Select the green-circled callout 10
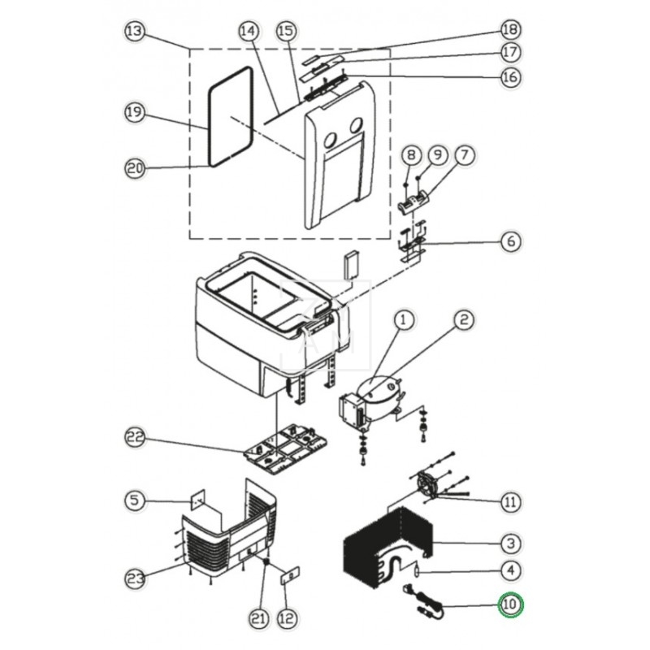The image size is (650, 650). coord(511,604)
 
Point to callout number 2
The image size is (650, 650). coord(463,321)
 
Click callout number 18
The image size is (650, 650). coord(510,31)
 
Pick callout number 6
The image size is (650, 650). coord(510,241)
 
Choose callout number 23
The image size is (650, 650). coord(134,578)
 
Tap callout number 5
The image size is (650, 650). coord(134,499)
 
